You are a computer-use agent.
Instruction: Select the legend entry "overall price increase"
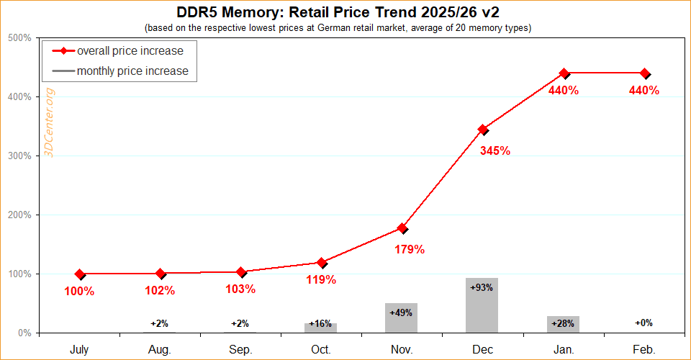click(x=130, y=51)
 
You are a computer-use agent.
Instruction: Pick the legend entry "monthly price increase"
click(x=132, y=71)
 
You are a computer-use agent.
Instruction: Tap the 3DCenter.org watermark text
click(x=50, y=123)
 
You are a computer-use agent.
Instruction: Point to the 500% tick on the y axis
click(x=19, y=37)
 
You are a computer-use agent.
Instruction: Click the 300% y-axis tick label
click(x=19, y=156)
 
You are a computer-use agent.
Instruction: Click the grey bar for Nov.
click(x=402, y=318)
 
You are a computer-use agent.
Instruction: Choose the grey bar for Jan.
click(x=563, y=324)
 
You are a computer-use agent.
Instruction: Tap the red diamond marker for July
click(x=80, y=274)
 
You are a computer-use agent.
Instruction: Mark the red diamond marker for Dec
click(x=483, y=130)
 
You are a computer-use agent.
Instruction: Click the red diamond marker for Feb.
click(x=645, y=73)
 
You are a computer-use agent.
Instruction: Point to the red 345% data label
click(x=495, y=150)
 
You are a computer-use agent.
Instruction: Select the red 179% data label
click(x=410, y=250)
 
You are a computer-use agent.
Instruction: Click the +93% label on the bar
click(x=482, y=287)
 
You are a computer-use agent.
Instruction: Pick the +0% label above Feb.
click(x=643, y=323)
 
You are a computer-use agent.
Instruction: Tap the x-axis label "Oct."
click(x=321, y=349)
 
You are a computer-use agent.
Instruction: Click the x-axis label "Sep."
click(x=240, y=349)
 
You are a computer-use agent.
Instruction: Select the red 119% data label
click(x=321, y=279)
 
